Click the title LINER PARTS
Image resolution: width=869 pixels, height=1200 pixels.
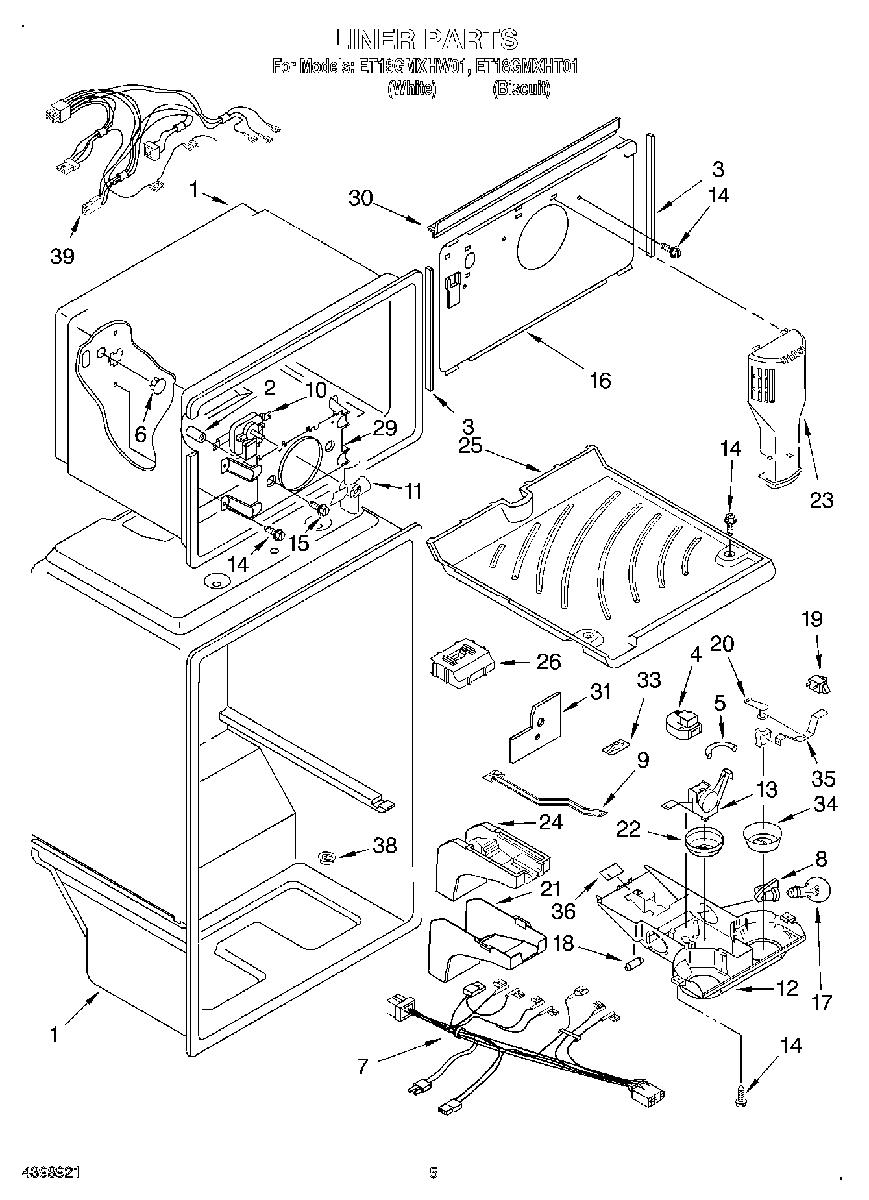[x=425, y=40]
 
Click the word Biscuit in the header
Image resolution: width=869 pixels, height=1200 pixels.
[x=521, y=89]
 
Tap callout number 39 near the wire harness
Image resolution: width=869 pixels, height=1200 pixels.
[x=62, y=256]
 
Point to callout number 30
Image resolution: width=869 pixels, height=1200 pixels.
[x=361, y=197]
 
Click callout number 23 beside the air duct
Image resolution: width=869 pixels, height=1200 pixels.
[x=822, y=500]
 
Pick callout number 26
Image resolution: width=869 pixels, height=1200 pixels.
[x=549, y=662]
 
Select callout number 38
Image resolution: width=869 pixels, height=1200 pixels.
[x=384, y=845]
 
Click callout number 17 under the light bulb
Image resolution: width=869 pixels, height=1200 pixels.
[x=822, y=1002]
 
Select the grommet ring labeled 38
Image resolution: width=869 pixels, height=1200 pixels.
[x=327, y=859]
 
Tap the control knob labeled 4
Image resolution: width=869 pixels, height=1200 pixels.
[x=683, y=722]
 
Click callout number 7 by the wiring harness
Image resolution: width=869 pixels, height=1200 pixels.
[x=362, y=1066]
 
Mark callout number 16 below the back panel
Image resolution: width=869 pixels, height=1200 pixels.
[x=601, y=380]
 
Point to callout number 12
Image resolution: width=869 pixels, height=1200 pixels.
[x=787, y=988]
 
